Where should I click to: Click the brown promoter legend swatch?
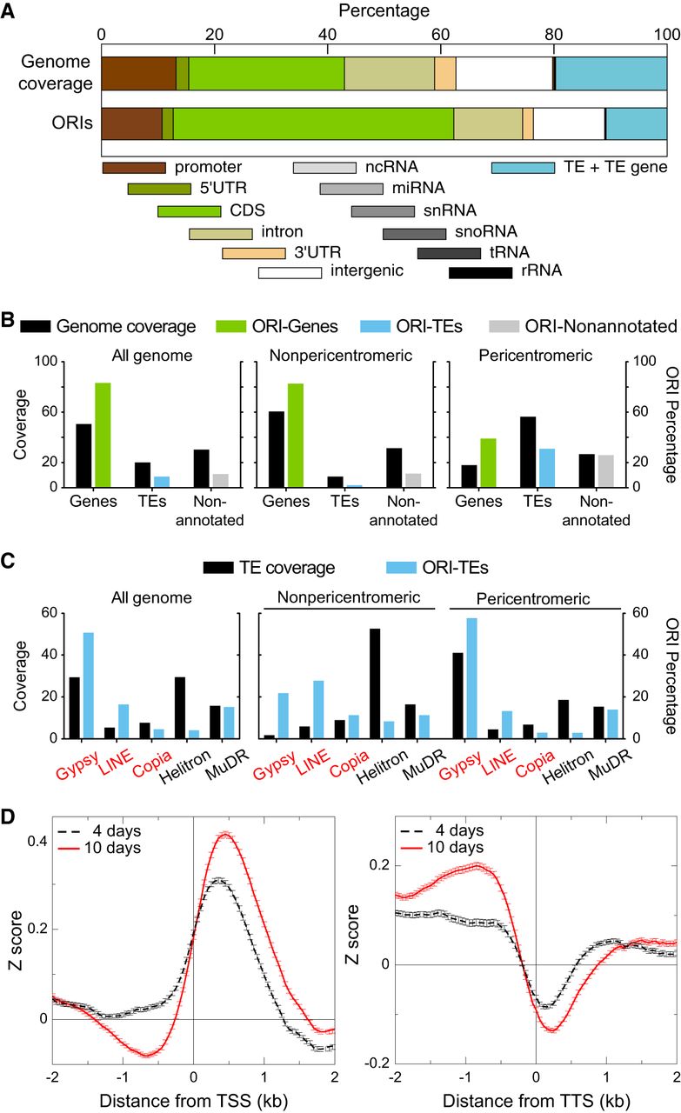point(133,167)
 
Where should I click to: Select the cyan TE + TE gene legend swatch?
point(523,167)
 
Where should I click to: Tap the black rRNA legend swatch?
point(480,272)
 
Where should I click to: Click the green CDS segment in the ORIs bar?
point(313,123)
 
